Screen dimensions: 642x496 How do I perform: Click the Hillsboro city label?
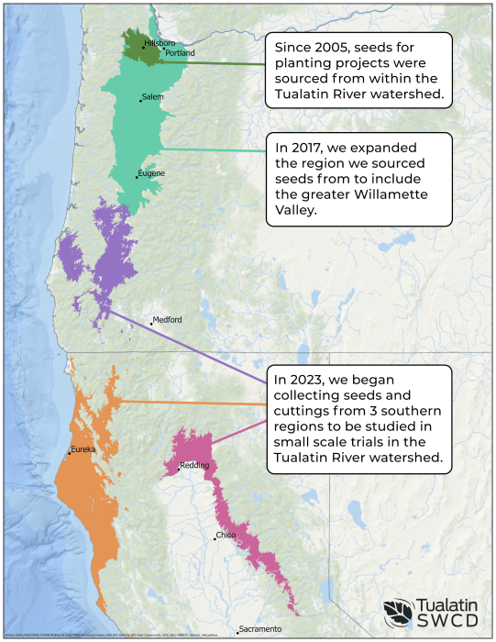tap(159, 44)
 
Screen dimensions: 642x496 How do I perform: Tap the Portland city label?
tap(180, 53)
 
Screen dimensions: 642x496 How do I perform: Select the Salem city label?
tap(153, 97)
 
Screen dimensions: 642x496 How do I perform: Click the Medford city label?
tap(168, 319)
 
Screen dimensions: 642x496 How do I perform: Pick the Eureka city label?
tap(83, 449)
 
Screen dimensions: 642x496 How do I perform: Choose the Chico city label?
tap(226, 535)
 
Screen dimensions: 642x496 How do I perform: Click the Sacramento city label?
tap(261, 629)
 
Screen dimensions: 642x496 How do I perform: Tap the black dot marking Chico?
tap(215, 538)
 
